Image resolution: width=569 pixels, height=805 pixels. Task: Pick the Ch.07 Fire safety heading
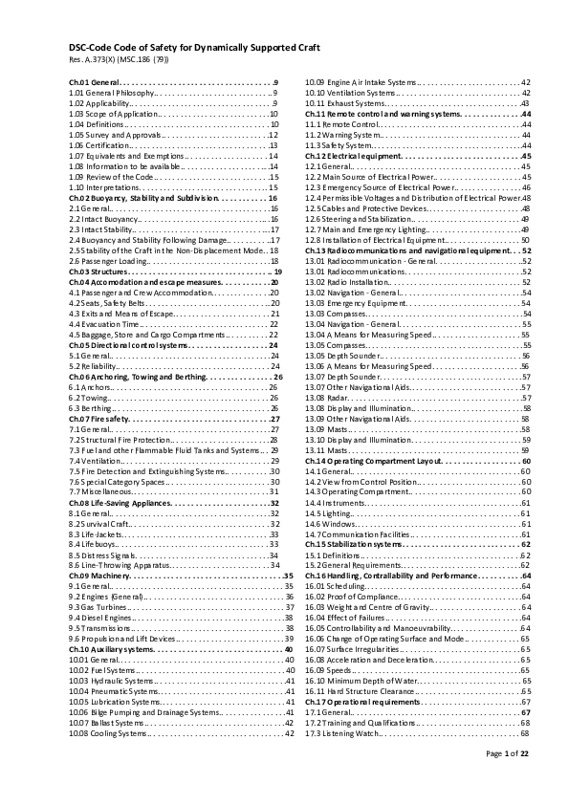[x=99, y=419]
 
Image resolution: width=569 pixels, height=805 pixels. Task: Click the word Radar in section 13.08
[x=340, y=387]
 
